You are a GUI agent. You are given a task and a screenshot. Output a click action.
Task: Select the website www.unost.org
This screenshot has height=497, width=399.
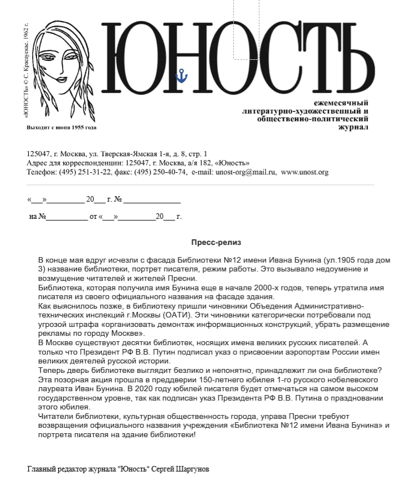click(304, 172)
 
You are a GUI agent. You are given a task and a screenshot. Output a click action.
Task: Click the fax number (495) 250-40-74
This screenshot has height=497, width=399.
click(160, 172)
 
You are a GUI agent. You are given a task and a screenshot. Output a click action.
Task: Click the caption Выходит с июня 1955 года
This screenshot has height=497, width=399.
click(62, 127)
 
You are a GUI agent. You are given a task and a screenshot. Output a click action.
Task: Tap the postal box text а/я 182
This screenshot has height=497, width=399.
click(195, 163)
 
